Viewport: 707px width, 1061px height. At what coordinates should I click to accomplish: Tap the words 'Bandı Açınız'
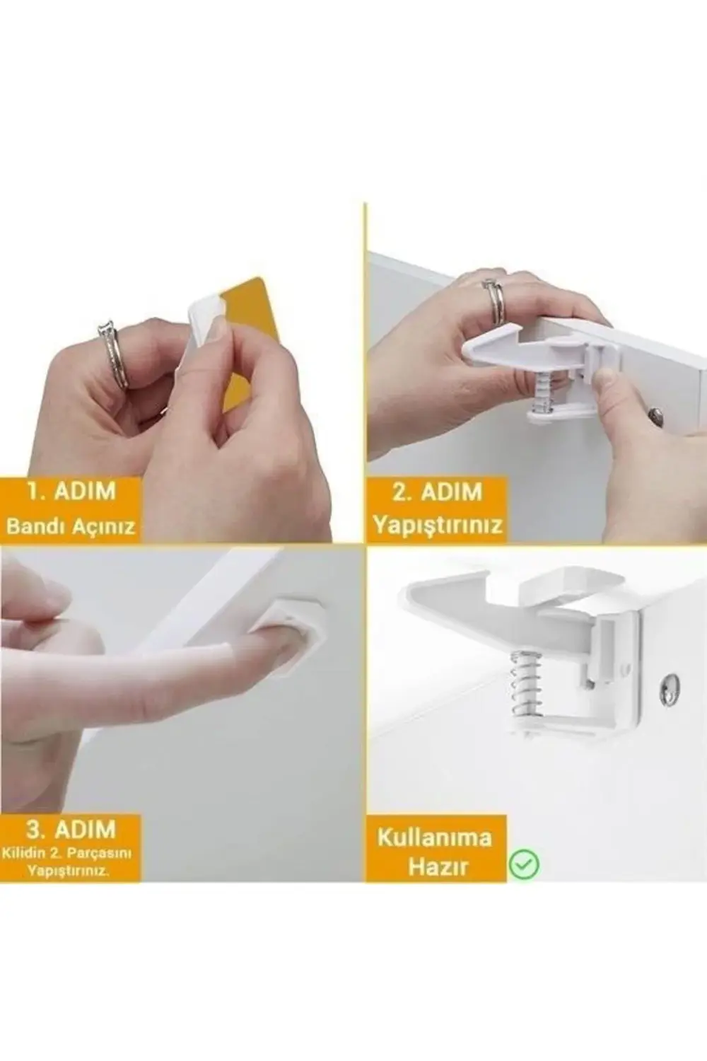click(71, 527)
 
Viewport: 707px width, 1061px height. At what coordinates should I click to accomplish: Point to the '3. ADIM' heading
click(70, 829)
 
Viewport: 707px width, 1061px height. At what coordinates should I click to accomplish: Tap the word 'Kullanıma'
click(434, 838)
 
